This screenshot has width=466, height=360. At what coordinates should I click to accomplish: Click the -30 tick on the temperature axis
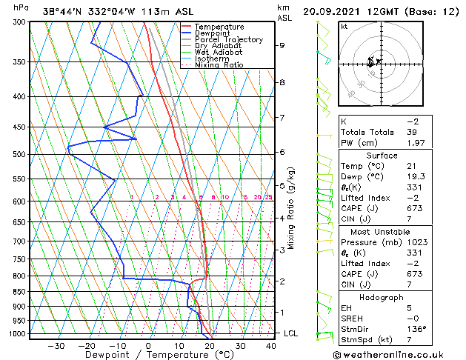56,345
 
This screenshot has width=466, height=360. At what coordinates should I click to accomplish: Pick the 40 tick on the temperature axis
270,345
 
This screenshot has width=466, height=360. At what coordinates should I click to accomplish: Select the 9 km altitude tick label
282,46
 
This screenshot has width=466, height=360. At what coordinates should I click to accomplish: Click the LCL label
291,333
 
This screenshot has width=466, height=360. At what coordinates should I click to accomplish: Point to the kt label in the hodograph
344,26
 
